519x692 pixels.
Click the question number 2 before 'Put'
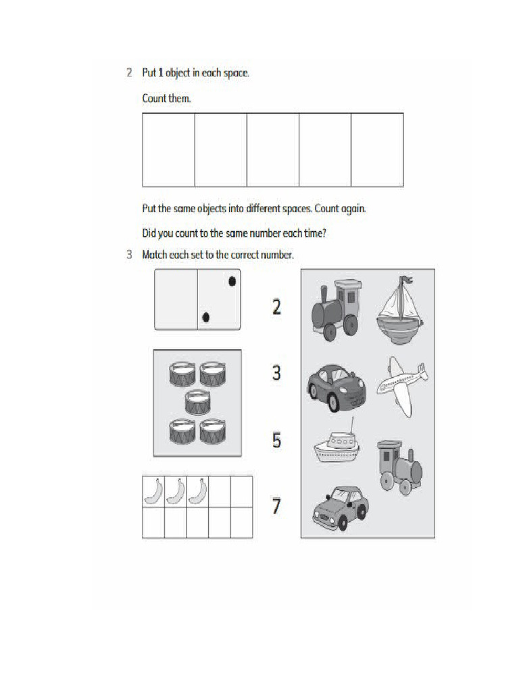[129, 73]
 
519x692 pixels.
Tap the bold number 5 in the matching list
[276, 441]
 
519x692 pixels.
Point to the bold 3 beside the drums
[276, 372]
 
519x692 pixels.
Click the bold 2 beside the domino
[276, 307]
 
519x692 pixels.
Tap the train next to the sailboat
[335, 310]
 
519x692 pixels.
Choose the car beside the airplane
[336, 387]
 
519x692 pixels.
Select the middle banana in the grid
[176, 491]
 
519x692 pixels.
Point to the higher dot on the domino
[232, 281]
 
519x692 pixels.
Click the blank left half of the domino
[176, 299]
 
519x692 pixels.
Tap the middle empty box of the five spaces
[272, 149]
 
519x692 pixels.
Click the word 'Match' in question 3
[155, 255]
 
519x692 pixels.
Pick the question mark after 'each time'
[336, 234]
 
